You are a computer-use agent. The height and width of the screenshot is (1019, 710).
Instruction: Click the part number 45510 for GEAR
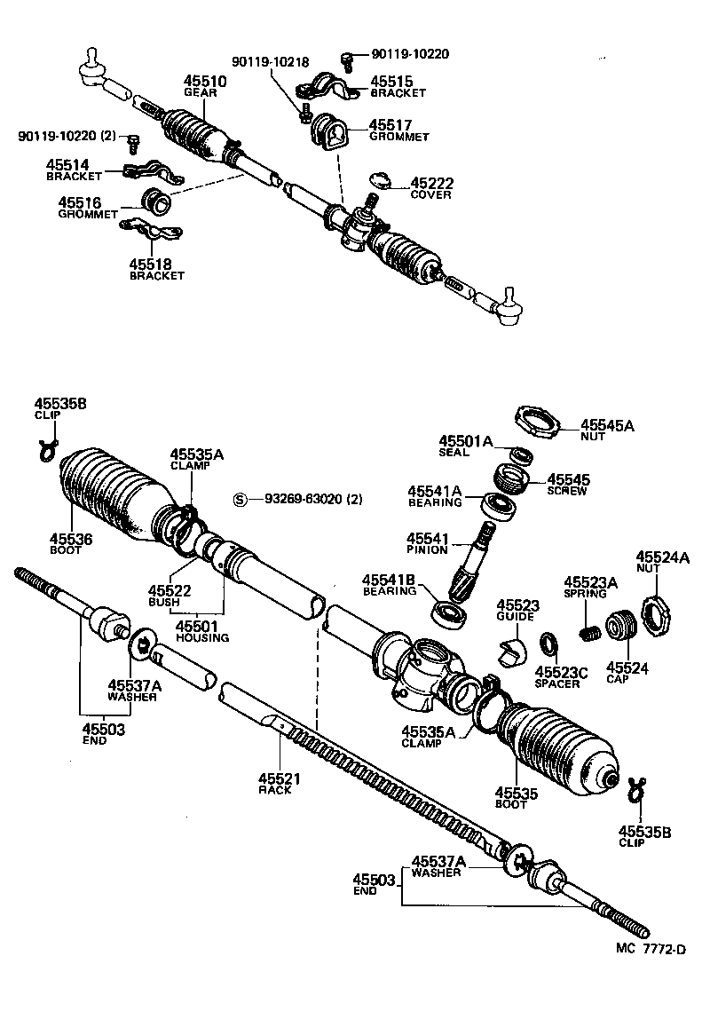(205, 81)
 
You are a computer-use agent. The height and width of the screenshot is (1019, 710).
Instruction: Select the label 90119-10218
(271, 61)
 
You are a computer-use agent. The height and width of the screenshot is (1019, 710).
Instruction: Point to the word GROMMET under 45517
(398, 138)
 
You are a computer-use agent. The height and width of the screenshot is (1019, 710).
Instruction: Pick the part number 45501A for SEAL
(464, 441)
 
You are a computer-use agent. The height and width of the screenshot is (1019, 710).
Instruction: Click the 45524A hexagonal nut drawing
(655, 612)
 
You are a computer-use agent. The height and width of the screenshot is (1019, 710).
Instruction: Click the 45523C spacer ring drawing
(550, 643)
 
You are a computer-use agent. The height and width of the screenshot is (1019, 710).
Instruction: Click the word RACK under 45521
(274, 790)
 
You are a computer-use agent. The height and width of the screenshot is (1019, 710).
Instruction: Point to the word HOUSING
(202, 637)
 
